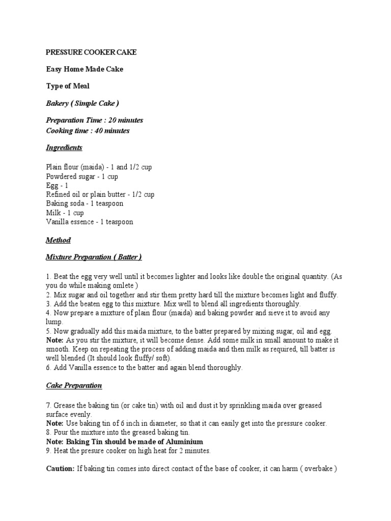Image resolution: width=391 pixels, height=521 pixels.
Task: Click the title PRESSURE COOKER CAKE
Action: point(91,52)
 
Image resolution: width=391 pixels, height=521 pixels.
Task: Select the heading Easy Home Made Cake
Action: point(85,69)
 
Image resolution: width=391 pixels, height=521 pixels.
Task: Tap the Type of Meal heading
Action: point(68,86)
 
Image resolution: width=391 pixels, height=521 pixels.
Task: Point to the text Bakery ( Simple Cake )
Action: point(82,103)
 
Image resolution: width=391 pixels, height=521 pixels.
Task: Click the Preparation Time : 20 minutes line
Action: point(94,121)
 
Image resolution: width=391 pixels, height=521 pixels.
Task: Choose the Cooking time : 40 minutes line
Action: point(88,131)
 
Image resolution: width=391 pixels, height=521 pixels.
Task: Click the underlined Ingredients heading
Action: point(64,148)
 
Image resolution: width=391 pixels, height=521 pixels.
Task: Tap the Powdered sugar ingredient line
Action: point(82,176)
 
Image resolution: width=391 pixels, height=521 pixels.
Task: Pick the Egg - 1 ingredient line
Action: point(57,185)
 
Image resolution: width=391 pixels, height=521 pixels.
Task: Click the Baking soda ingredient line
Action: point(85,204)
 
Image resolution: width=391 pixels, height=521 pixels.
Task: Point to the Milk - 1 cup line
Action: point(65,213)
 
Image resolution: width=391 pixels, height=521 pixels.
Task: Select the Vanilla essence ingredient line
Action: point(90,222)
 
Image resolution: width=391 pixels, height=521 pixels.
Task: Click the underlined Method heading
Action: point(59,240)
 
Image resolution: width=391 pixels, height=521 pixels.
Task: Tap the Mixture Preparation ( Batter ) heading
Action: point(94,257)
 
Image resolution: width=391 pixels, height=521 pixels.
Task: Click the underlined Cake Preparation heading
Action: point(74,386)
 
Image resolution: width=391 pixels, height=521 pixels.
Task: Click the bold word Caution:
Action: point(61,469)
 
